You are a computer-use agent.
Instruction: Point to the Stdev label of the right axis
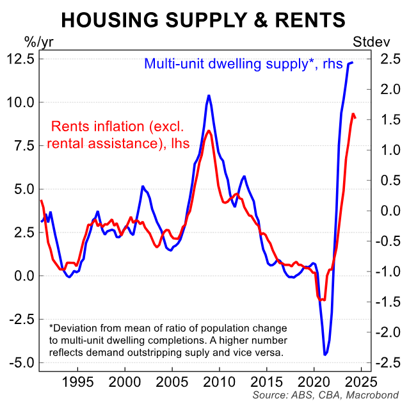(368, 44)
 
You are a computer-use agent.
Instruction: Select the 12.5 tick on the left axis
(20, 58)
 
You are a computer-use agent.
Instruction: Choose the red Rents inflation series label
(119, 134)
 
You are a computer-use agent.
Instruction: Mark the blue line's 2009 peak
(209, 95)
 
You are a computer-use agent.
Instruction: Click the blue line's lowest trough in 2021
(325, 354)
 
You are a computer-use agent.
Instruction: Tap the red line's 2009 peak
(209, 131)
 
